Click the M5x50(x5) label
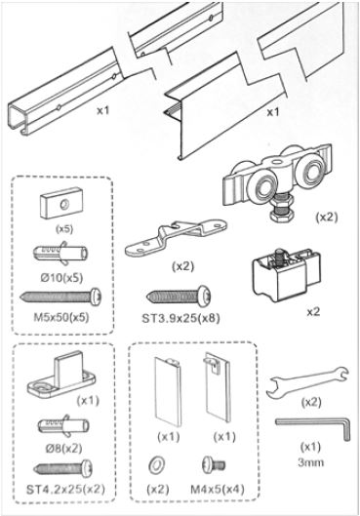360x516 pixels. (x=61, y=318)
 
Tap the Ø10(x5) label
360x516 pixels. (x=61, y=277)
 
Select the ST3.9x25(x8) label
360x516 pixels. (x=180, y=318)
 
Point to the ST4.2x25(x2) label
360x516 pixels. (x=65, y=489)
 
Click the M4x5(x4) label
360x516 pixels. (x=218, y=490)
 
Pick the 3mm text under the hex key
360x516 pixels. (x=310, y=462)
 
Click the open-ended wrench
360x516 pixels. (x=307, y=381)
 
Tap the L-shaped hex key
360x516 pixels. (x=313, y=423)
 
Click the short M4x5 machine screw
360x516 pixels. (x=214, y=464)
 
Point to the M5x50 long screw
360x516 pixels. (x=60, y=297)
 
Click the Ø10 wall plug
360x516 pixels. (x=60, y=253)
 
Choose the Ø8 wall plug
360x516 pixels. (x=63, y=425)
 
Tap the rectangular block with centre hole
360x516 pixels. (x=61, y=203)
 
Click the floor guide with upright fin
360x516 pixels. (x=61, y=376)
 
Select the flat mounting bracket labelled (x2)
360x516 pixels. (x=176, y=237)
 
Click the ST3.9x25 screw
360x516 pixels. (x=178, y=296)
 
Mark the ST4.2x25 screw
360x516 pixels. (x=62, y=468)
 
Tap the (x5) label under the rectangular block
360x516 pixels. (x=64, y=229)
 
